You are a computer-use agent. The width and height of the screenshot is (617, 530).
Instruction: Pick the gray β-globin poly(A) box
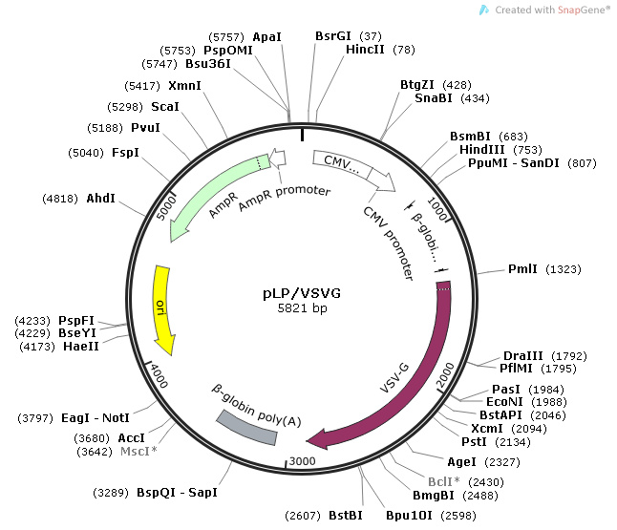pos(247,428)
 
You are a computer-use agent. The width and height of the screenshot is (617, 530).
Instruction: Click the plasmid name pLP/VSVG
pos(301,292)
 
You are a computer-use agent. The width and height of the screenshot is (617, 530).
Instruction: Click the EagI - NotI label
pos(96,418)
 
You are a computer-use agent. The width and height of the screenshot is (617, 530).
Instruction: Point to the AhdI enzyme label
pos(101,199)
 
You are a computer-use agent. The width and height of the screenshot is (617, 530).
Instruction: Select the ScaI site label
pos(165,106)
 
